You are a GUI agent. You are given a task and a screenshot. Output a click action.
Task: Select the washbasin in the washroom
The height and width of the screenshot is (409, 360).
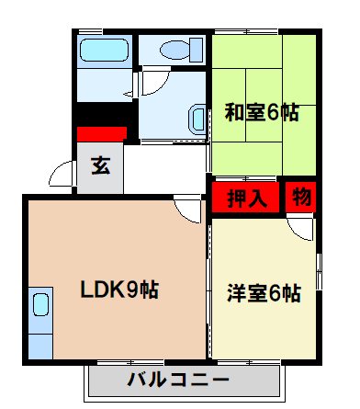(198, 119)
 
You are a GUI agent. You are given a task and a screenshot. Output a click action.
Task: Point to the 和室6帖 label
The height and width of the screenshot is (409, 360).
(262, 116)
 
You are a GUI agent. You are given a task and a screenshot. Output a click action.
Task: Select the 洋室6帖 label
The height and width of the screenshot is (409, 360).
(264, 294)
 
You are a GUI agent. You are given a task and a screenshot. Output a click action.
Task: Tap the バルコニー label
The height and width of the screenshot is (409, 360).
(179, 379)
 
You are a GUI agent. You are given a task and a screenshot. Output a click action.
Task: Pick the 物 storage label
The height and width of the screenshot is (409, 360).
(300, 197)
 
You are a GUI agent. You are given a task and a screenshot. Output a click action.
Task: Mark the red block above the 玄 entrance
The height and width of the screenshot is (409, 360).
(101, 132)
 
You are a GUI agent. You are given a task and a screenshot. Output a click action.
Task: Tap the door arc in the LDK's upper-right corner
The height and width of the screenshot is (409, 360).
(189, 209)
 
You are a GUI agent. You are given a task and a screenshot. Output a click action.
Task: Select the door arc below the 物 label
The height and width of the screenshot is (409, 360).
(300, 226)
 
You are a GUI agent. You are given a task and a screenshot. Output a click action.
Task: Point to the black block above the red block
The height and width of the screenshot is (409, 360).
(101, 115)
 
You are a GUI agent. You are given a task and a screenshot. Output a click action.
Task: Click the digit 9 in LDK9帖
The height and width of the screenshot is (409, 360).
(132, 291)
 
